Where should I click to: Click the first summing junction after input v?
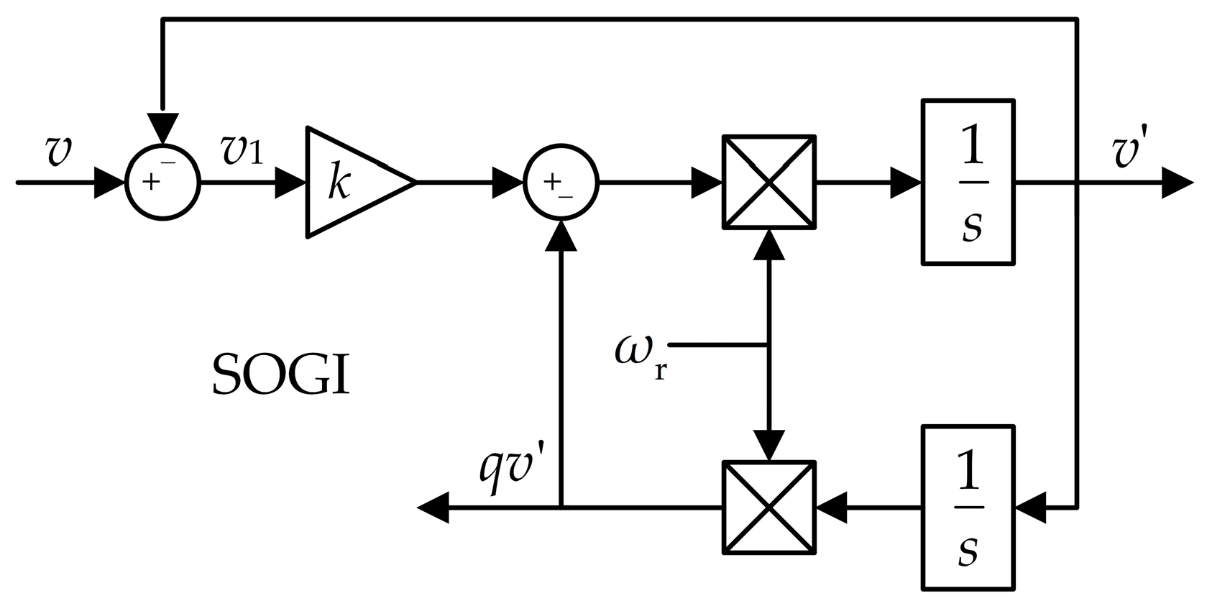(x=162, y=183)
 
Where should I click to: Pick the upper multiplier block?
(x=769, y=183)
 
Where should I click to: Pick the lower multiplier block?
(x=769, y=508)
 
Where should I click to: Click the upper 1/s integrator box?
(x=968, y=183)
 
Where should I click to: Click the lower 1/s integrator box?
(x=968, y=508)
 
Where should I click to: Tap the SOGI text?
(x=281, y=375)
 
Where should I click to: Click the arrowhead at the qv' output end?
(x=433, y=508)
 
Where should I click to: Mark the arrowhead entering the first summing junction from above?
(x=162, y=127)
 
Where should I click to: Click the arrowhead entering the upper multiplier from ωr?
(x=769, y=246)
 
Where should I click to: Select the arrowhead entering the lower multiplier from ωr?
(x=769, y=444)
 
